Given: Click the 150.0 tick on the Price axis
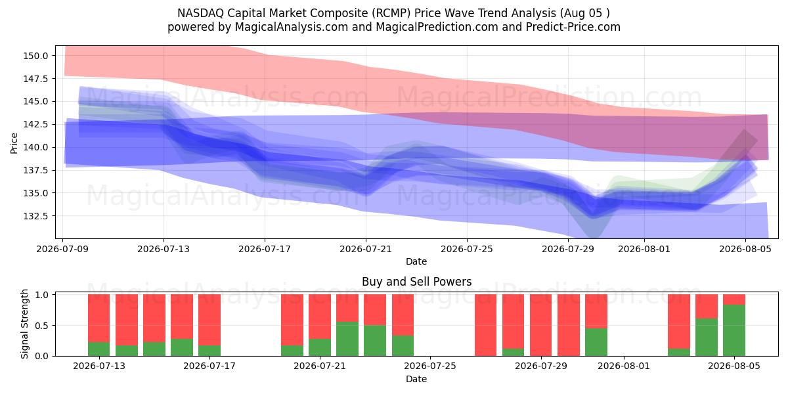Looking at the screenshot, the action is click(x=35, y=56).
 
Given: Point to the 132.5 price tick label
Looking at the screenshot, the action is click(x=35, y=215).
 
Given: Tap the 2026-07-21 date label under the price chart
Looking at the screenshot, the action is click(x=366, y=249).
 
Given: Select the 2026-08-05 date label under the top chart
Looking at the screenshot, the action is click(x=745, y=249).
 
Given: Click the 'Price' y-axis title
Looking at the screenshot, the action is click(x=14, y=143).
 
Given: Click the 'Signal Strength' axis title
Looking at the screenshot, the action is click(x=24, y=324).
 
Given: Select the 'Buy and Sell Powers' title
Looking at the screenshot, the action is click(x=416, y=282).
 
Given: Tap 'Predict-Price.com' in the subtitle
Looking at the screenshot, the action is click(x=573, y=27).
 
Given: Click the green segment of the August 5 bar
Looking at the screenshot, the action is click(x=734, y=330).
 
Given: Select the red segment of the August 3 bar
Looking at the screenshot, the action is click(x=679, y=322).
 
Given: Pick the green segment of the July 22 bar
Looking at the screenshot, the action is click(x=347, y=339).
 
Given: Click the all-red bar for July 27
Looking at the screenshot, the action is click(x=485, y=325).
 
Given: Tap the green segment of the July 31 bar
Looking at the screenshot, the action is click(x=596, y=342).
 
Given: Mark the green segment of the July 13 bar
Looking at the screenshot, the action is click(x=99, y=349).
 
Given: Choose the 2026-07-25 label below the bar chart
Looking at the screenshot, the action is click(x=430, y=366).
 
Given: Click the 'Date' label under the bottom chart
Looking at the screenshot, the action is click(x=416, y=380).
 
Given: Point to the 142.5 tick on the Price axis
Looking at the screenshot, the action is click(x=35, y=124).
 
